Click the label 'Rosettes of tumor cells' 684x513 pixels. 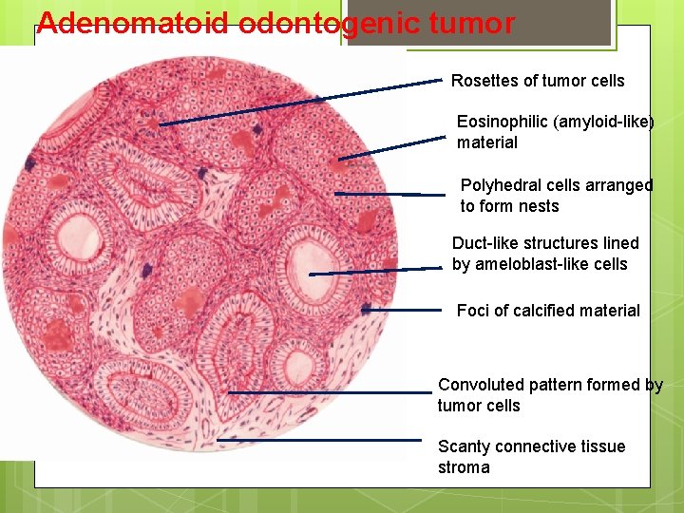coord(538,81)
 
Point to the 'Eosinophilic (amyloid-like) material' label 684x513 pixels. coord(555,132)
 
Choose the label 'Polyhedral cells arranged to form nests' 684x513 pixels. coord(557,196)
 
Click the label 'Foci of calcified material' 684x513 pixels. coord(548,311)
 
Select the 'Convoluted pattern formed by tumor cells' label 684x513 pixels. coord(550,395)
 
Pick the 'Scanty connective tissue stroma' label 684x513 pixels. coord(531,457)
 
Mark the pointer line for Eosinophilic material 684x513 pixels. coord(391,147)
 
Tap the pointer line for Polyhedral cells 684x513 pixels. coord(377,194)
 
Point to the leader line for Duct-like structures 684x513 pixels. coord(375,271)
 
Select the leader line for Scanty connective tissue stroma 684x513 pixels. coord(318,440)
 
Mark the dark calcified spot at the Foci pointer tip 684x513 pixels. coord(367,309)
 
